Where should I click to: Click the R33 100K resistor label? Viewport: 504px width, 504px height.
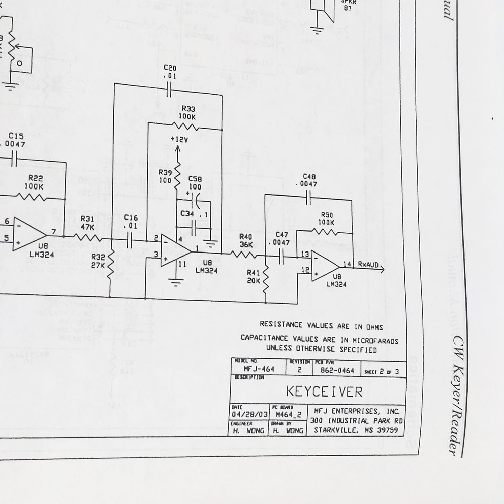pos(188,112)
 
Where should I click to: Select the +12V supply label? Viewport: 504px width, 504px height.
pos(179,139)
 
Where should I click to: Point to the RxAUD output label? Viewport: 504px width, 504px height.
pos(368,264)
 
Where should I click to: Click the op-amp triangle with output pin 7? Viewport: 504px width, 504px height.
pos(29,233)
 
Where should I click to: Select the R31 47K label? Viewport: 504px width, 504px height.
pos(87,223)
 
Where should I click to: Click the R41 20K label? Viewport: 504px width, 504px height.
pos(254,277)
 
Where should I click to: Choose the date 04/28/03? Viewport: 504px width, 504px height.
pos(247,414)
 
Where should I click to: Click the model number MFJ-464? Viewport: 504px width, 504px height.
pos(259,369)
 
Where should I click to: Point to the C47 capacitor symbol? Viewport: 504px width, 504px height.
pos(281,259)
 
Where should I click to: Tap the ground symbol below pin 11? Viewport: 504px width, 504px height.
pos(175,282)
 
